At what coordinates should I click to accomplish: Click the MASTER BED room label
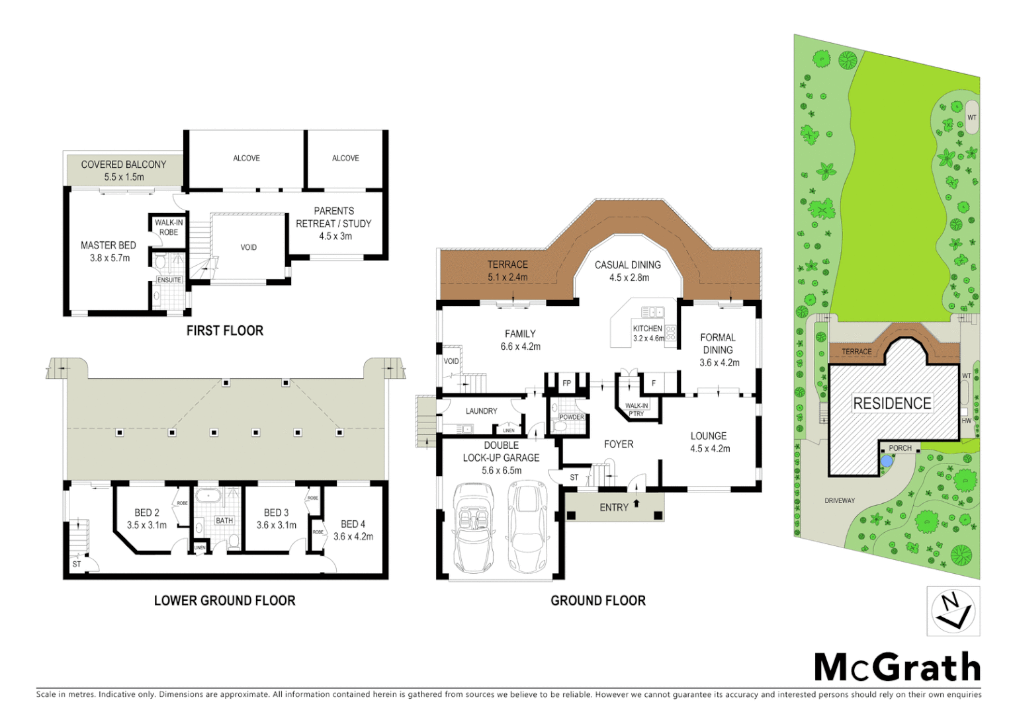(109, 251)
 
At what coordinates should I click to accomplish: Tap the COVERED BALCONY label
(124, 170)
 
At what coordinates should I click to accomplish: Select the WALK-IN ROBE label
(169, 227)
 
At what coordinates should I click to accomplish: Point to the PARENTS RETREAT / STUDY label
(334, 223)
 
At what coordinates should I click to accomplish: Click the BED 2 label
(147, 518)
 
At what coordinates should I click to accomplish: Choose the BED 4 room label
(353, 530)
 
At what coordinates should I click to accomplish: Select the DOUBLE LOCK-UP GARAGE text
(501, 457)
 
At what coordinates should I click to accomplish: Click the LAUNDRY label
(481, 411)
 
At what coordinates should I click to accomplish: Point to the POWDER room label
(572, 417)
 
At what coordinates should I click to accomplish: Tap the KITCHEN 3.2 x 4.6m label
(648, 333)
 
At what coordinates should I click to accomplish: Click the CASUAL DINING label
(628, 270)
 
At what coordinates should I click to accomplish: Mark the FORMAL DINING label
(719, 350)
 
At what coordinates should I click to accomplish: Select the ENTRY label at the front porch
(614, 507)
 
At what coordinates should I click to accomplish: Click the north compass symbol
(953, 611)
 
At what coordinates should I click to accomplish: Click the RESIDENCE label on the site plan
(892, 403)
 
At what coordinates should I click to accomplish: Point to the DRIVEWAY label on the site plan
(840, 500)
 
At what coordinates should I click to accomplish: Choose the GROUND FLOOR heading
(598, 600)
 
